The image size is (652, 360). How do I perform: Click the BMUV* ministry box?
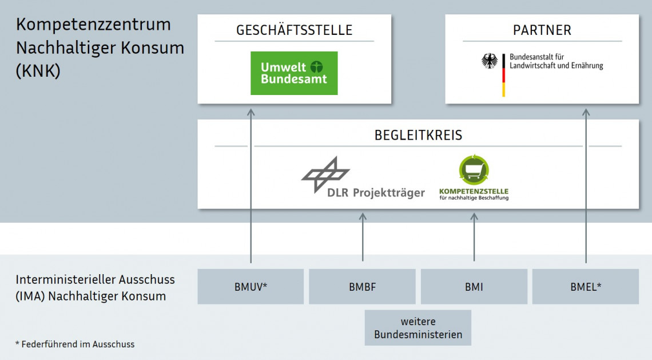251,287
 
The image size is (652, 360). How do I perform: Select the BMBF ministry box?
362,287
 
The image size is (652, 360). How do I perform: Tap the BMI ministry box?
474,287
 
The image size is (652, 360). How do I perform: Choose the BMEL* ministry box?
586,287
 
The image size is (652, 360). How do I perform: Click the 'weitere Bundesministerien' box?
418,328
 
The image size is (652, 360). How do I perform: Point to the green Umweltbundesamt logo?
294,73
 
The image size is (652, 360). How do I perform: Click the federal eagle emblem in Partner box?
490,61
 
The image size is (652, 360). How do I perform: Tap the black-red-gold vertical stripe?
504,75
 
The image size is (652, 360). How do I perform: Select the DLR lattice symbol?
325,174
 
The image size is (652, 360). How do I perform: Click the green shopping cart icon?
474,169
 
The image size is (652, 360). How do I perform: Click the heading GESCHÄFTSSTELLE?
294,30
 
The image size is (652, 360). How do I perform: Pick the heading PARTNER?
542,30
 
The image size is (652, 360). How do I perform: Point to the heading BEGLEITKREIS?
418,136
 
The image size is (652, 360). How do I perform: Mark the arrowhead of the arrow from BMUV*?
251,112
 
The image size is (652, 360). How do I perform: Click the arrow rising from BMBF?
362,237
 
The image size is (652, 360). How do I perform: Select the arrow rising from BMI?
474,237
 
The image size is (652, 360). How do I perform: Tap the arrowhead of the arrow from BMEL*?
586,112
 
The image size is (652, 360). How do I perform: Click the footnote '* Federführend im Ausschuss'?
75,344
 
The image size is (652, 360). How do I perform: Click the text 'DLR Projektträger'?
376,192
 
